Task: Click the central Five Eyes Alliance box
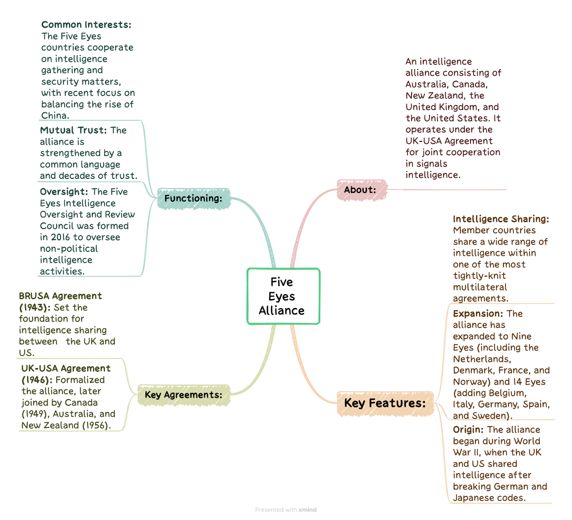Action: point(283,296)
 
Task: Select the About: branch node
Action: point(362,190)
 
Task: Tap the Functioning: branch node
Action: point(194,198)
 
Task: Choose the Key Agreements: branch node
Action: point(184,395)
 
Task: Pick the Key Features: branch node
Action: point(385,403)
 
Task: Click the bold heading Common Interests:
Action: point(86,25)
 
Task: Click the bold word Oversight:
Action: point(64,192)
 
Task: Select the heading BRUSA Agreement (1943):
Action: point(60,301)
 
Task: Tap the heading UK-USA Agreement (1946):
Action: point(66,374)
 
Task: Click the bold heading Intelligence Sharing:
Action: point(501,219)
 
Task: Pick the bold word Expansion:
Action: point(478,314)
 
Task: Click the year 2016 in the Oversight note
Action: point(60,237)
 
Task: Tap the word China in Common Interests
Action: point(54,116)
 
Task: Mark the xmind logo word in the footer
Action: point(307,510)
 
